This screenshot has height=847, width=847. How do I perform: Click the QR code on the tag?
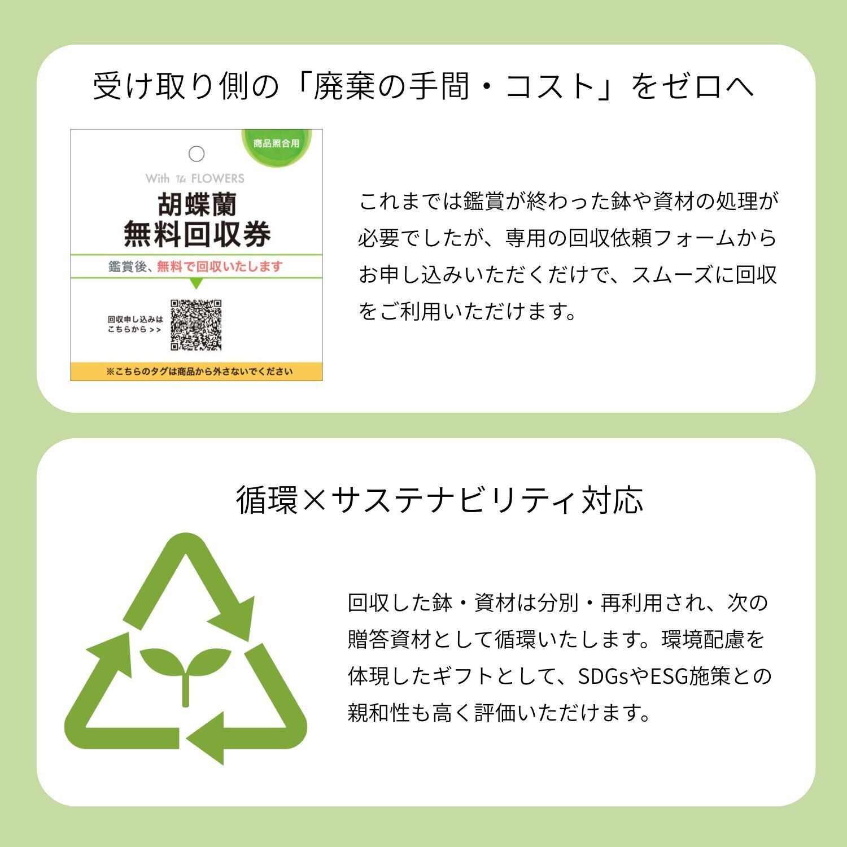196,325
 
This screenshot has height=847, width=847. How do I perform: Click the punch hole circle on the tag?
197,154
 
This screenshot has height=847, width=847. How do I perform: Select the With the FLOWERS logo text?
195,178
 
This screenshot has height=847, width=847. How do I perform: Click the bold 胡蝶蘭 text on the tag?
197,205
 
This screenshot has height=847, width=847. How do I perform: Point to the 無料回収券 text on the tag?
197,235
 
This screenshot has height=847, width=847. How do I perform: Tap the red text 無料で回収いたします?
219,267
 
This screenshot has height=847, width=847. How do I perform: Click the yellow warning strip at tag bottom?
197,372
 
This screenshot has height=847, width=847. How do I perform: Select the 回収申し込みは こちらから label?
135,325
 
